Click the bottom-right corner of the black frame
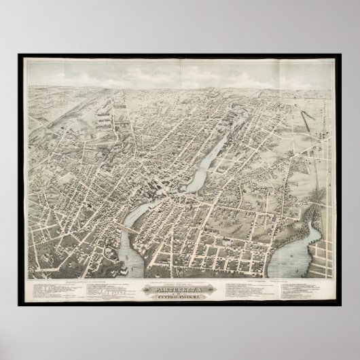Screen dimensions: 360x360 [340, 305]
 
